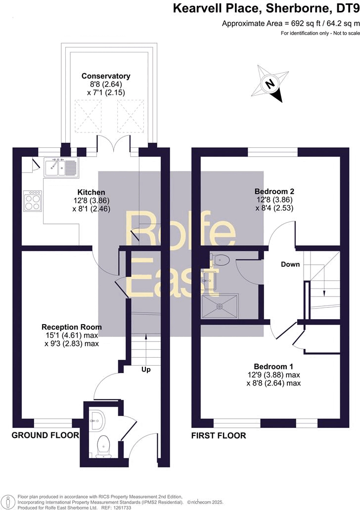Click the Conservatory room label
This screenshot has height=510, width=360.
106,76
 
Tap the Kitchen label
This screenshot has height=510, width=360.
91,192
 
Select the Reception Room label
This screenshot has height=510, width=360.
72,327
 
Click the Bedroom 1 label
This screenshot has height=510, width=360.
273,367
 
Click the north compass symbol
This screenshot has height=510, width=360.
270,85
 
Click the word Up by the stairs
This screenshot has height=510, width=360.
146,369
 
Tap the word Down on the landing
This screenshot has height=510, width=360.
290,264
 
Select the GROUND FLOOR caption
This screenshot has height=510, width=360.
45,435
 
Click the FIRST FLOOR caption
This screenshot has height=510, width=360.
219,435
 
